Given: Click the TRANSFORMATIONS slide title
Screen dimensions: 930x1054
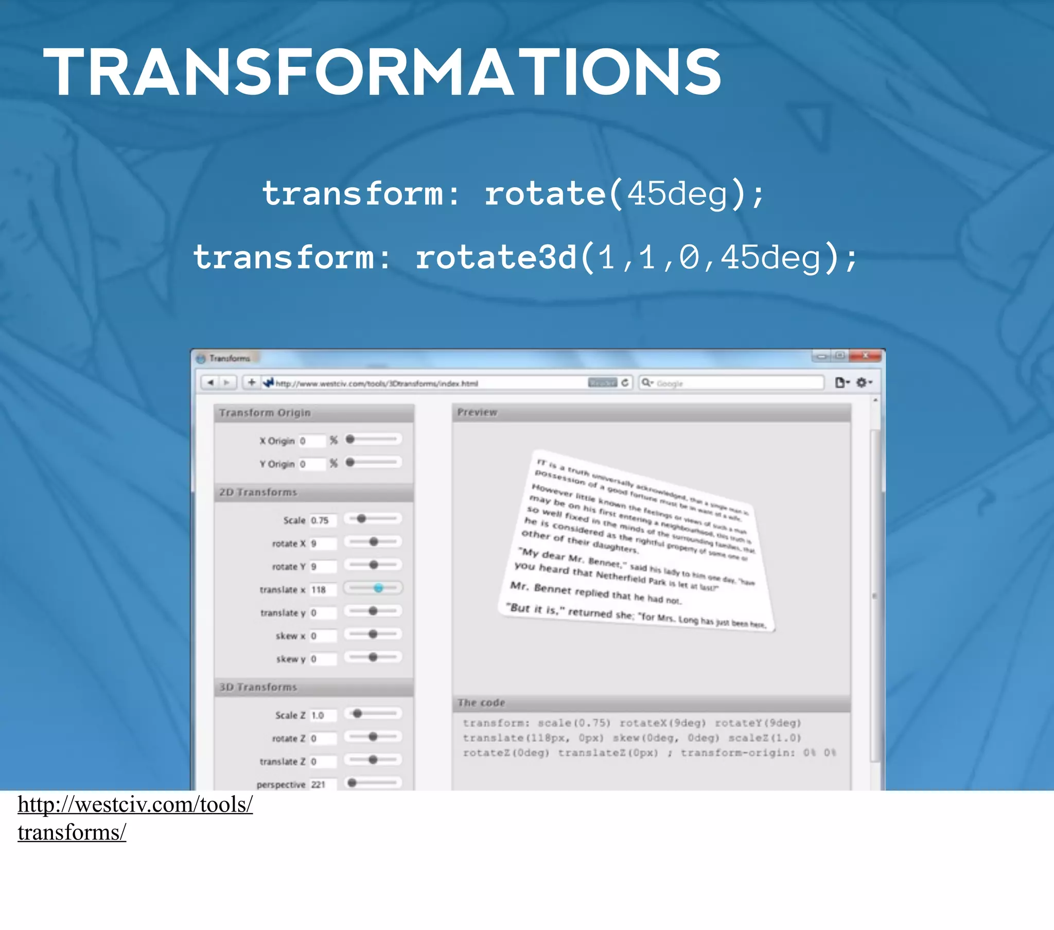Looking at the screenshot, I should pyautogui.click(x=381, y=72).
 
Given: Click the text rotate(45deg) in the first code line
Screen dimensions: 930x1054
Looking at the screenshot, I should pyautogui.click(x=624, y=195).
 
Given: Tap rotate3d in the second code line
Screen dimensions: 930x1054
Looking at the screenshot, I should pyautogui.click(x=497, y=258).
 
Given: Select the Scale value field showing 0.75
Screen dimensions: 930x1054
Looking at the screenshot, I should pyautogui.click(x=322, y=520).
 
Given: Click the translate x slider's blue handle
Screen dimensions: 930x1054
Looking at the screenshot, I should pyautogui.click(x=378, y=588).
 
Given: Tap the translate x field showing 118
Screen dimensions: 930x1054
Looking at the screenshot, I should pyautogui.click(x=322, y=590).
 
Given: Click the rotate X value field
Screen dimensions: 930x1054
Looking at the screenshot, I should pyautogui.click(x=322, y=543).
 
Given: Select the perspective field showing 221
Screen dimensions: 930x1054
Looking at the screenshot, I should pyautogui.click(x=322, y=784).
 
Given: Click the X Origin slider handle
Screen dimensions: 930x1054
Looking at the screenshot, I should pyautogui.click(x=350, y=440).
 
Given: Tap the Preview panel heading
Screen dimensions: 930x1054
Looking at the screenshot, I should pyautogui.click(x=478, y=412).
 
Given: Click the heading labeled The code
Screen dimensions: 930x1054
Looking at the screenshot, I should pyautogui.click(x=481, y=703).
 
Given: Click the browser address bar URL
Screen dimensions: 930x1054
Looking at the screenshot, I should pyautogui.click(x=376, y=383).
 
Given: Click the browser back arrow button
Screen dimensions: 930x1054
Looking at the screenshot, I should pyautogui.click(x=210, y=383).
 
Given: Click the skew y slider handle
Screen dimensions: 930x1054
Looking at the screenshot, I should pyautogui.click(x=373, y=657).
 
